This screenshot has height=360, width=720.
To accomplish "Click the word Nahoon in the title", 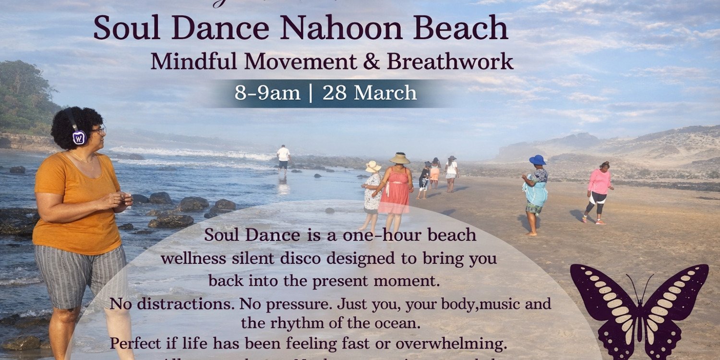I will tap(342, 28).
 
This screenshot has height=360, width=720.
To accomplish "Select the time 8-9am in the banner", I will tap(267, 93).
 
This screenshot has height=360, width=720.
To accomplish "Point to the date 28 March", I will tap(369, 93).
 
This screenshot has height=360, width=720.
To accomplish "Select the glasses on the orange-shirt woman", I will tap(98, 130).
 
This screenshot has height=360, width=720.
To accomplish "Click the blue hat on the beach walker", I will tap(538, 159).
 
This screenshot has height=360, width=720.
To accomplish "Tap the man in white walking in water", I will tap(284, 158).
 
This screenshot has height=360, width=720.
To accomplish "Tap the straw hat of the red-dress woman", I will tap(400, 158).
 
